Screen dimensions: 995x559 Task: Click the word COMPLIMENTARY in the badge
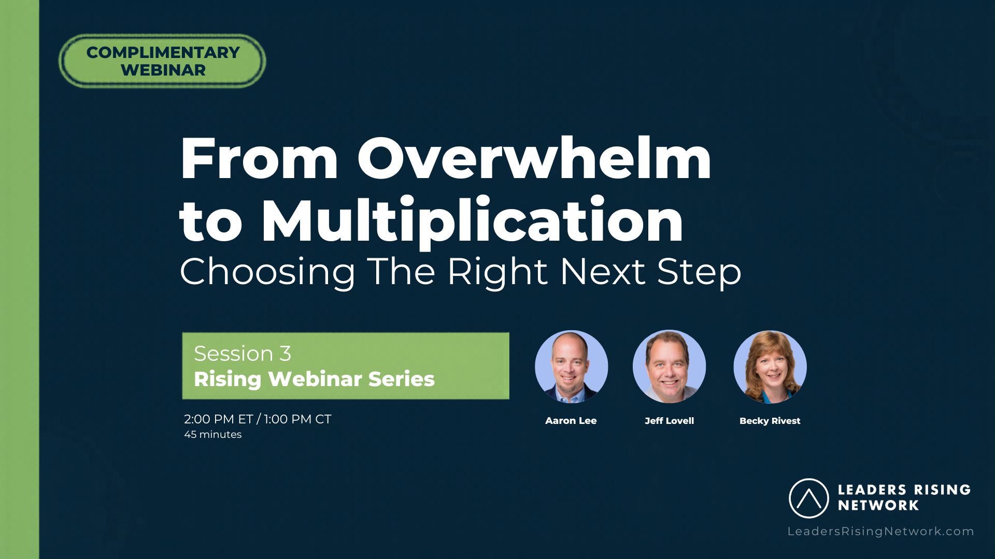pos(163,52)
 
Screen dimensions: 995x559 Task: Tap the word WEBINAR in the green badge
pos(163,70)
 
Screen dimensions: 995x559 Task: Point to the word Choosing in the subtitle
pos(267,272)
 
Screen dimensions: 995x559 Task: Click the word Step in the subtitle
pos(699,273)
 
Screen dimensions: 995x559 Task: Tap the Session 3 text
pos(243,354)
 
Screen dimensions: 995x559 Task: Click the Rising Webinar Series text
pos(314,379)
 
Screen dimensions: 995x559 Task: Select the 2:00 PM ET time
pos(219,419)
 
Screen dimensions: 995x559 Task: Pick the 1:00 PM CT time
pos(297,419)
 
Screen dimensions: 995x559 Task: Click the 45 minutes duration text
pos(213,435)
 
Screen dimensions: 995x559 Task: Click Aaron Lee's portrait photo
pos(571,366)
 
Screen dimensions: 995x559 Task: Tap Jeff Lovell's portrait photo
pos(669,366)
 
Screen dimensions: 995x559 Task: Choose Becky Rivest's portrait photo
pos(770,366)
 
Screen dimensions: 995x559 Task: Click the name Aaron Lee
pos(571,421)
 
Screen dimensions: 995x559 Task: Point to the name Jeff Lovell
pos(669,421)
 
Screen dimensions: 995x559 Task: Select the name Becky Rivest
pos(770,421)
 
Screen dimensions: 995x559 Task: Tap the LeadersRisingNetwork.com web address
pos(881,532)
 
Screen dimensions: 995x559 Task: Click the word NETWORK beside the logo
pos(878,505)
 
